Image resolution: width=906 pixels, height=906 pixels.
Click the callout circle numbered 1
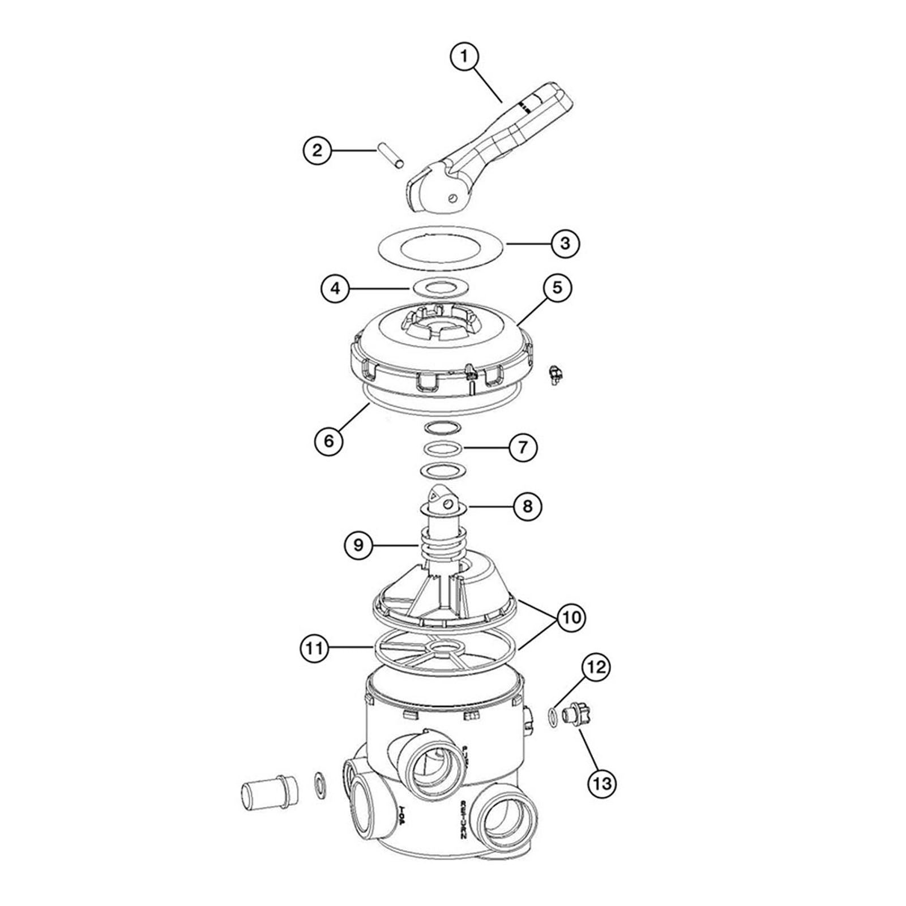pos(464,57)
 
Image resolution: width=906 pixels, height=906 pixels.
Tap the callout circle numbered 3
pos(565,243)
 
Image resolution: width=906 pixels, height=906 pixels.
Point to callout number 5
pos(557,288)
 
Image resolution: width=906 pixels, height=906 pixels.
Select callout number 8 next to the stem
pos(527,506)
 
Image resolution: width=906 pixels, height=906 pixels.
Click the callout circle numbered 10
pos(571,617)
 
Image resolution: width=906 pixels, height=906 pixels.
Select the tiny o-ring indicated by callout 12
pos(552,716)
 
